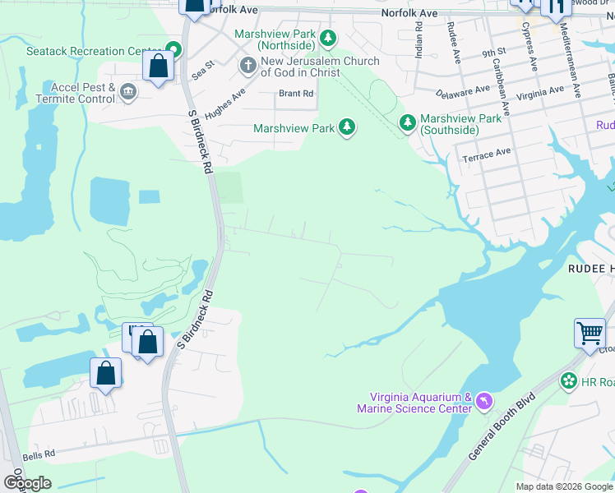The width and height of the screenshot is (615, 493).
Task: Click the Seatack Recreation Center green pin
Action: [x=173, y=50]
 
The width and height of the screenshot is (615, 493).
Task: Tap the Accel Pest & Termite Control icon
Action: [x=127, y=91]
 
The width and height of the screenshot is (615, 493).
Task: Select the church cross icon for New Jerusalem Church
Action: [x=247, y=65]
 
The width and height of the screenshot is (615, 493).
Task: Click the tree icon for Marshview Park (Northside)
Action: [x=328, y=38]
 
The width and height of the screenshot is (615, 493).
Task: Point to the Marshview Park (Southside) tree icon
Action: [x=407, y=122]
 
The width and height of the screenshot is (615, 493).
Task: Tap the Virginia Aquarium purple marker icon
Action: [x=483, y=400]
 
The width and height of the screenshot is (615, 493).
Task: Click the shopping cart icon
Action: [x=590, y=333]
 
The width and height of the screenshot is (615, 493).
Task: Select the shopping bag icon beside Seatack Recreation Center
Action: [x=158, y=66]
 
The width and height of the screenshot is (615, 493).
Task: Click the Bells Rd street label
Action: [x=39, y=454]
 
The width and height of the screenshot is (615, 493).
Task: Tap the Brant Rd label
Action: [x=296, y=94]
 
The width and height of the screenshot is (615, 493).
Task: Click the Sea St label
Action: [x=202, y=68]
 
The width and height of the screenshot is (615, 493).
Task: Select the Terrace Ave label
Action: [x=486, y=154]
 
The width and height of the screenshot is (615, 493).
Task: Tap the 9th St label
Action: [x=493, y=53]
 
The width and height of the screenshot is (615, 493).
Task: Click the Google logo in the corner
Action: [x=27, y=482]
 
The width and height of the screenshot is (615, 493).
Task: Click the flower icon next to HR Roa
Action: [x=568, y=381]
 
